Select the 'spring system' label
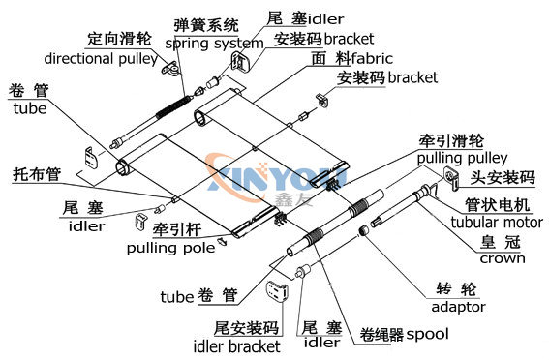tap(214, 44)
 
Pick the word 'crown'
tap(503, 258)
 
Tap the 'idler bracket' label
tap(239, 345)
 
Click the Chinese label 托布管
tap(36, 175)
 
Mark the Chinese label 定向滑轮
tap(120, 41)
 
